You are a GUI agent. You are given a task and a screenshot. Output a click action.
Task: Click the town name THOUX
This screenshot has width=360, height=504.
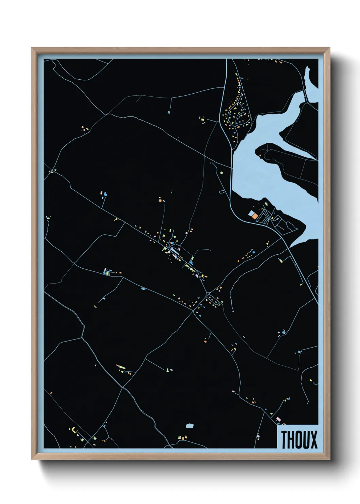pos(299,439)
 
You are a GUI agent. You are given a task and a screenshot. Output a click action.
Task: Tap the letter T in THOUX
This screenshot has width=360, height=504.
pos(284,439)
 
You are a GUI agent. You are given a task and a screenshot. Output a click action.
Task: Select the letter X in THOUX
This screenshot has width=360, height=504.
pos(313,439)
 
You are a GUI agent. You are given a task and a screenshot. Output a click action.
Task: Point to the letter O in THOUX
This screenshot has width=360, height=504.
pos(299,439)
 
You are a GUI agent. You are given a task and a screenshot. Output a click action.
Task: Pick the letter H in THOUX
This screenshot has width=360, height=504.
pos(291,439)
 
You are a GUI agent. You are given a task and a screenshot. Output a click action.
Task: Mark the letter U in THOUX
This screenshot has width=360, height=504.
pos(306,439)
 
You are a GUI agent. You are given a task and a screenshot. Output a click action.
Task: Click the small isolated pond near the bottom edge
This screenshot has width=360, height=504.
pos(190,425)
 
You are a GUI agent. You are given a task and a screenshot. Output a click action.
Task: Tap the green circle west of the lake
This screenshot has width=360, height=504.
pos(222,173)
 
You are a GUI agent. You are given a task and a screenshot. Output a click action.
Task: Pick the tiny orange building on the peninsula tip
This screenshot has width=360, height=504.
pos(261,156)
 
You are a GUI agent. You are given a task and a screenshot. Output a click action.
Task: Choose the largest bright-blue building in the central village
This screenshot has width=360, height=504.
pos(191,262)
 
